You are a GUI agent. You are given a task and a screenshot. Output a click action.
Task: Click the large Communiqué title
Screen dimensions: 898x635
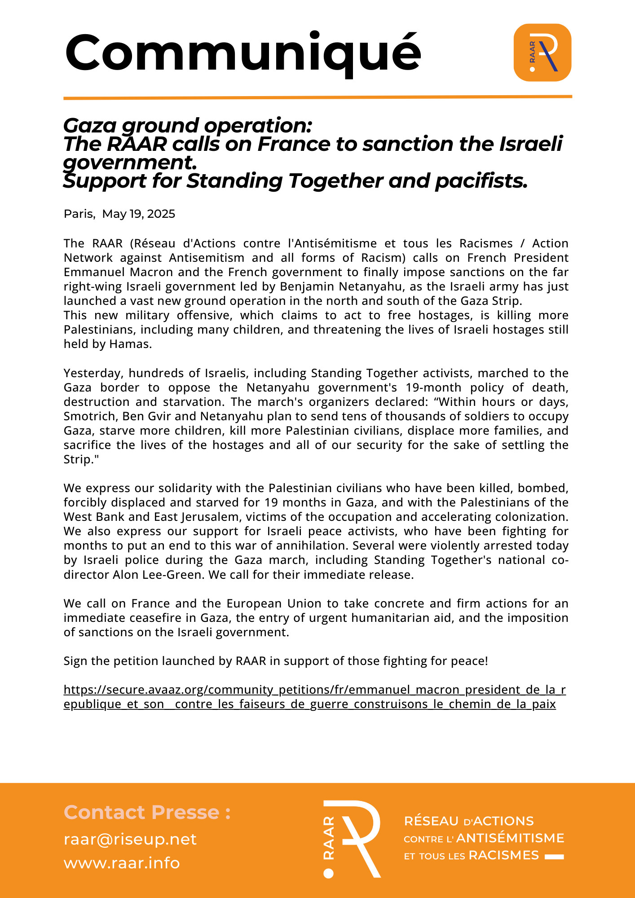[243, 53]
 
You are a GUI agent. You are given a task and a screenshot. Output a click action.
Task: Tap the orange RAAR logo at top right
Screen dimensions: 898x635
[542, 53]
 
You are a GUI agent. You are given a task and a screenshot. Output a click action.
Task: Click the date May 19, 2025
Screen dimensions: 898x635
[138, 214]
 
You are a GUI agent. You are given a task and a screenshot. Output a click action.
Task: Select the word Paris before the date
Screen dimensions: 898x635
[79, 214]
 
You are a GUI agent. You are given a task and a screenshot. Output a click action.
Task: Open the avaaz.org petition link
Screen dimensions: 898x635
[314, 690]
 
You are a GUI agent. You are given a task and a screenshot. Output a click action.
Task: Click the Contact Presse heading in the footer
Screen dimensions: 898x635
[147, 812]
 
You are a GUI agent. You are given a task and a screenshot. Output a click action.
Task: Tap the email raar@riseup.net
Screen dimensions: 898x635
[130, 839]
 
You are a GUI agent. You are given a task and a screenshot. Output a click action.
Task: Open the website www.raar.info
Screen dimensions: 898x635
[122, 863]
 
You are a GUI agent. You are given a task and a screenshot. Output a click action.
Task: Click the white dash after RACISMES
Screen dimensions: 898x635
[554, 857]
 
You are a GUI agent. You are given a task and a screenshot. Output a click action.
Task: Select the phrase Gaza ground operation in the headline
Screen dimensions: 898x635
[187, 125]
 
